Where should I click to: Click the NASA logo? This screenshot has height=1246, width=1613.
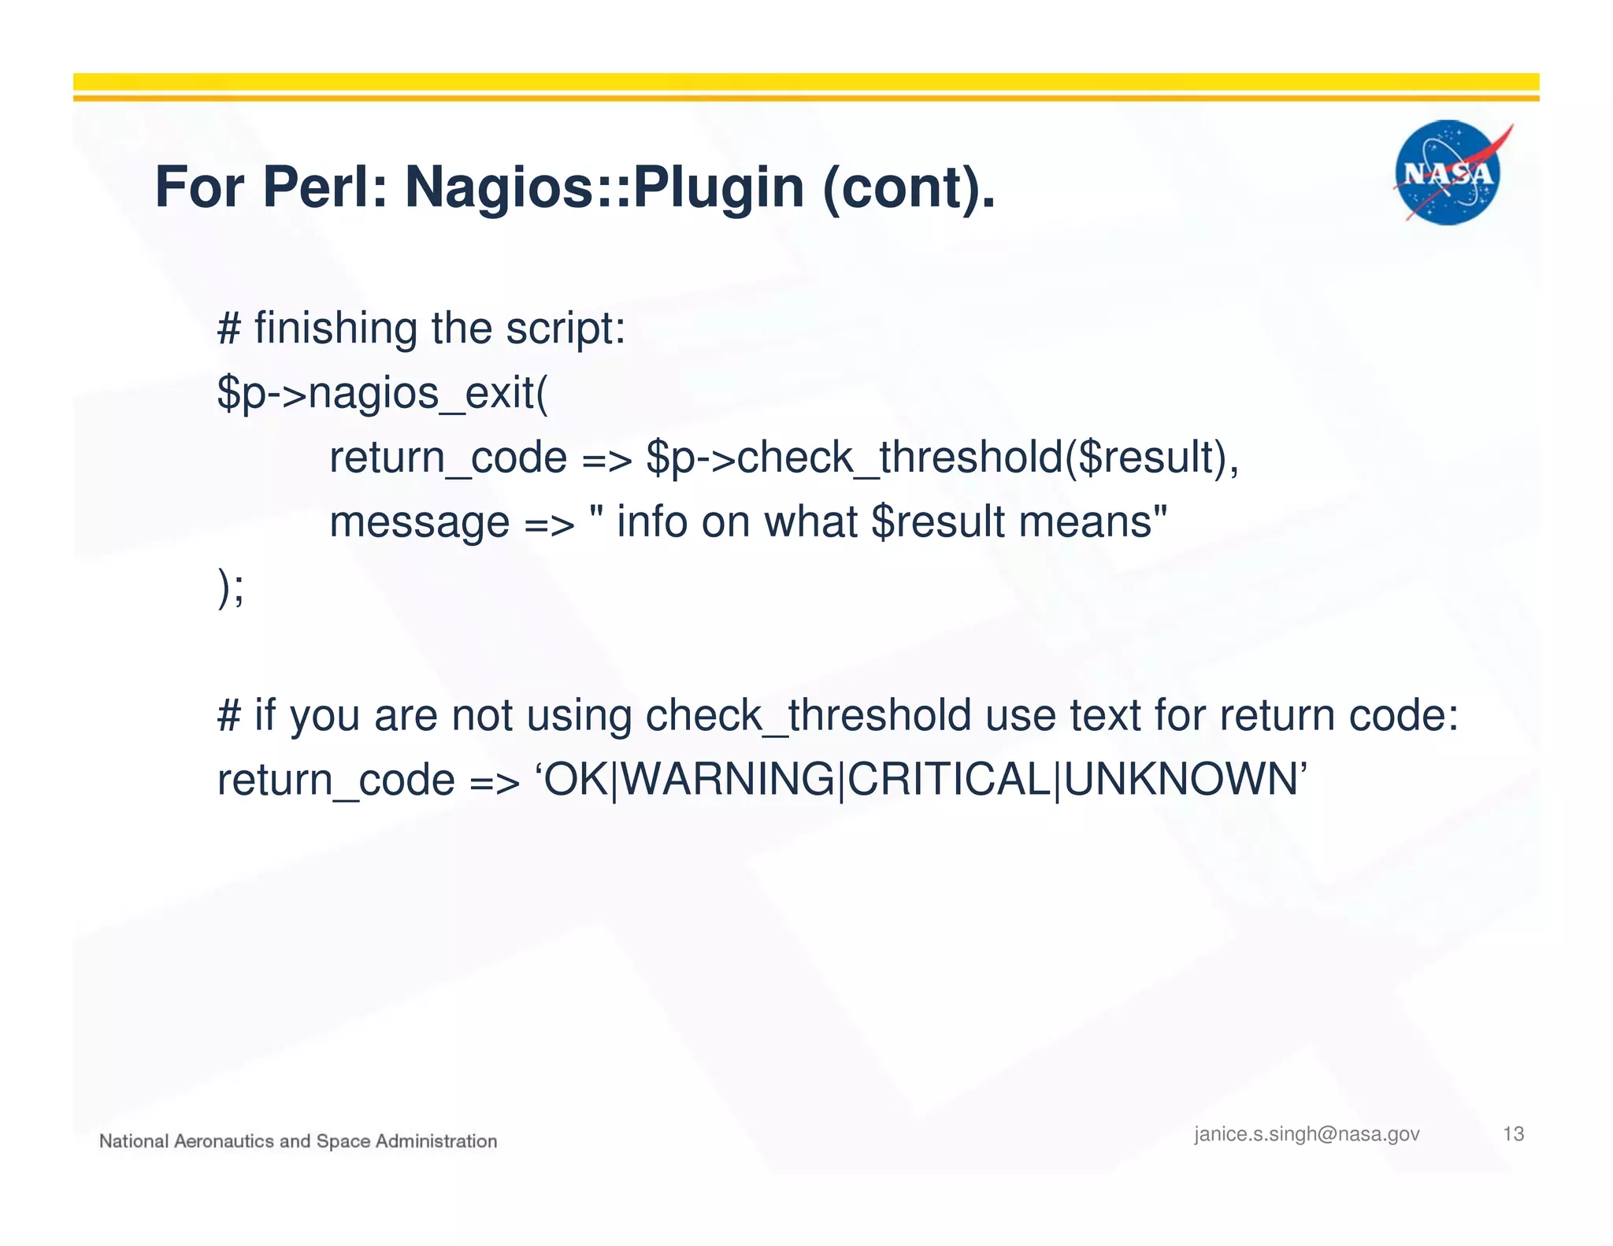pos(1448,172)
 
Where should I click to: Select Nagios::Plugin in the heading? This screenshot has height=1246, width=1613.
pos(604,187)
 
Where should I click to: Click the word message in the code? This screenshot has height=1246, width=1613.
pos(419,521)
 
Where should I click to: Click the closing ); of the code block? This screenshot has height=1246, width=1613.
pos(231,587)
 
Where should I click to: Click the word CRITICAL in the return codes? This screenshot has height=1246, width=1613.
pos(949,780)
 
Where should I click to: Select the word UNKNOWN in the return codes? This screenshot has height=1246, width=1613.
pos(1180,780)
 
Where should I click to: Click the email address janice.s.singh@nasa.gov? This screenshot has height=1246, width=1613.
pos(1307,1134)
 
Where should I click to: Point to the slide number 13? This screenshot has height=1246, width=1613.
pos(1513,1134)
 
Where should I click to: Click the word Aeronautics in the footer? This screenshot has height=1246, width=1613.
pos(224,1141)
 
